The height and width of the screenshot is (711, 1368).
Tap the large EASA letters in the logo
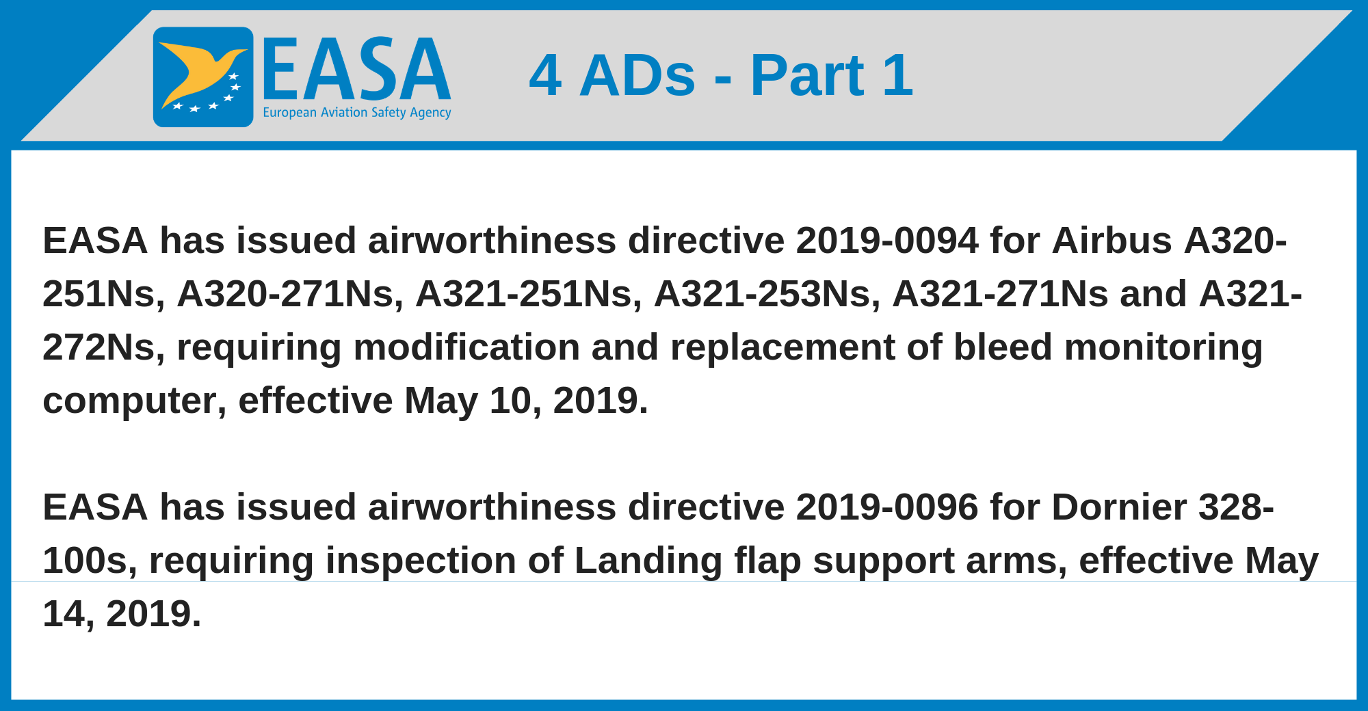(x=356, y=69)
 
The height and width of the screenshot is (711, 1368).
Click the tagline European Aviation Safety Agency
(x=357, y=113)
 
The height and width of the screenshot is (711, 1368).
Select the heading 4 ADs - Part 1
(x=721, y=75)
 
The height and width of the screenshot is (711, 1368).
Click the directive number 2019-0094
(x=887, y=241)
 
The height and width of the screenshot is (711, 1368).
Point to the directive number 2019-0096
(x=887, y=507)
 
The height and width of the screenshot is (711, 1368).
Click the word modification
(x=466, y=347)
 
